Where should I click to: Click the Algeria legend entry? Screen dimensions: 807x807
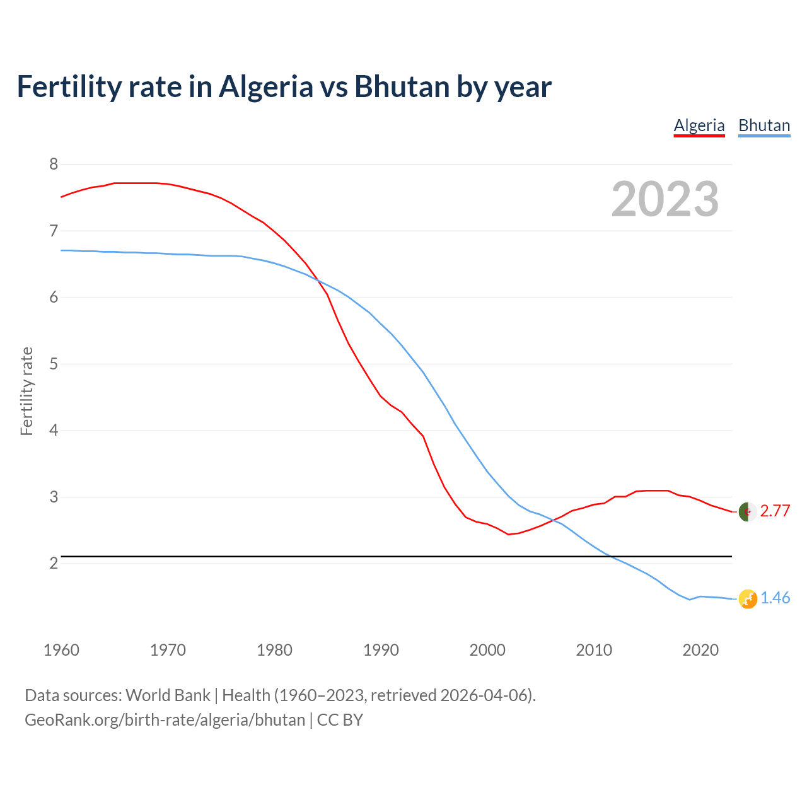pyautogui.click(x=699, y=125)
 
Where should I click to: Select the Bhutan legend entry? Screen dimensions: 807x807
pyautogui.click(x=764, y=125)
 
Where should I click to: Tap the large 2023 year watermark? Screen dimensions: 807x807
pyautogui.click(x=665, y=199)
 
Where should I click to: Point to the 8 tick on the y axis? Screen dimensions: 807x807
pyautogui.click(x=54, y=165)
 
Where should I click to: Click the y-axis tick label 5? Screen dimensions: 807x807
pyautogui.click(x=54, y=364)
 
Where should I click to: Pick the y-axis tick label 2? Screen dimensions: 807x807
pyautogui.click(x=54, y=563)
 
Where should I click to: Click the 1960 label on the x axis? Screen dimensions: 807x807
pyautogui.click(x=61, y=650)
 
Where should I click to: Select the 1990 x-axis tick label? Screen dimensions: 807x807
pyautogui.click(x=381, y=650)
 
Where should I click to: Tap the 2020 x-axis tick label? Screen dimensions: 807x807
pyautogui.click(x=700, y=650)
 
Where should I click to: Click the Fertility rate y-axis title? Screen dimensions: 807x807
pyautogui.click(x=26, y=391)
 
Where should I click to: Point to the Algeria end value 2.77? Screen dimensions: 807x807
pyautogui.click(x=775, y=511)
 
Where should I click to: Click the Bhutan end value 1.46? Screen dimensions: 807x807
pyautogui.click(x=775, y=598)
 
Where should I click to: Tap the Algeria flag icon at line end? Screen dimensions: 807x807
pyautogui.click(x=748, y=512)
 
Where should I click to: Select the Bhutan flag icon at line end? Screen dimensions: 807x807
pyautogui.click(x=748, y=599)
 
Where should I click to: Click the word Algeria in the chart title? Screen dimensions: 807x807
pyautogui.click(x=265, y=86)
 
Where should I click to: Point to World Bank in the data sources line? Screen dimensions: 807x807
pyautogui.click(x=168, y=695)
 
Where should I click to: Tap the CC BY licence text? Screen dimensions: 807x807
pyautogui.click(x=340, y=720)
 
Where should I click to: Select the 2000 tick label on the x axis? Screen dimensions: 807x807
pyautogui.click(x=487, y=650)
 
